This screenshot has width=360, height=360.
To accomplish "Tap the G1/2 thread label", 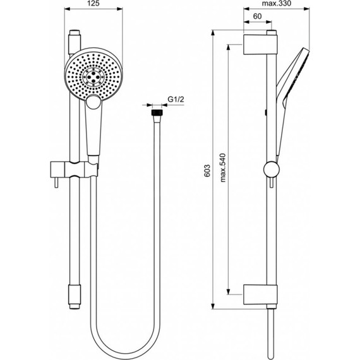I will [x=175, y=99].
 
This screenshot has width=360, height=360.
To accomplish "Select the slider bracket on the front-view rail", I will [x=75, y=169].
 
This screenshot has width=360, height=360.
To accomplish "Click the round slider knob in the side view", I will [x=270, y=169].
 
